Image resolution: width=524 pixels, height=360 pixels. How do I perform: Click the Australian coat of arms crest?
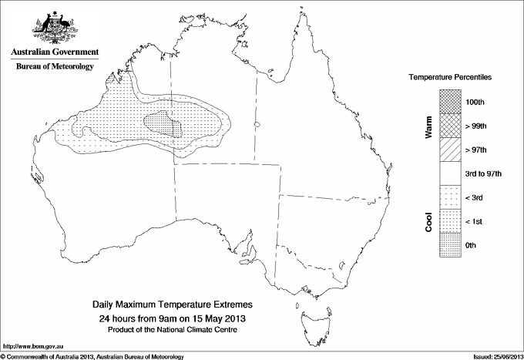55,27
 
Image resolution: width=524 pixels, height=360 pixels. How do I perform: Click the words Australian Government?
55,52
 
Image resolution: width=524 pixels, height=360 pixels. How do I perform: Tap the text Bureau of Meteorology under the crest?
55,66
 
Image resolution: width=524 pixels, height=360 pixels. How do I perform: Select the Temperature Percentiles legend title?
450,79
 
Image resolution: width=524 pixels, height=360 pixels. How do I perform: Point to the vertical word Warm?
428,128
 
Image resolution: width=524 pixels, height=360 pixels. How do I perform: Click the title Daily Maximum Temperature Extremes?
173,305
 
